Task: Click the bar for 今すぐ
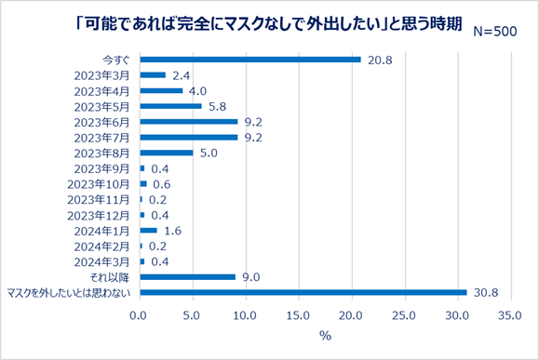click(x=250, y=60)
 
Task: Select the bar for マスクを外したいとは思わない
click(x=303, y=292)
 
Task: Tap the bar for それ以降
click(x=187, y=276)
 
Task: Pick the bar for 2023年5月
click(x=170, y=106)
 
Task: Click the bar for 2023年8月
click(x=167, y=153)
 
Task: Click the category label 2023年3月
click(x=102, y=75)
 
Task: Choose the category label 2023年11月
click(x=100, y=199)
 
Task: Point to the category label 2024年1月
click(x=102, y=230)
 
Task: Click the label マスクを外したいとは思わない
click(x=71, y=292)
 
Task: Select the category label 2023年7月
click(x=102, y=137)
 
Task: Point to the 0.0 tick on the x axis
click(x=140, y=316)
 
